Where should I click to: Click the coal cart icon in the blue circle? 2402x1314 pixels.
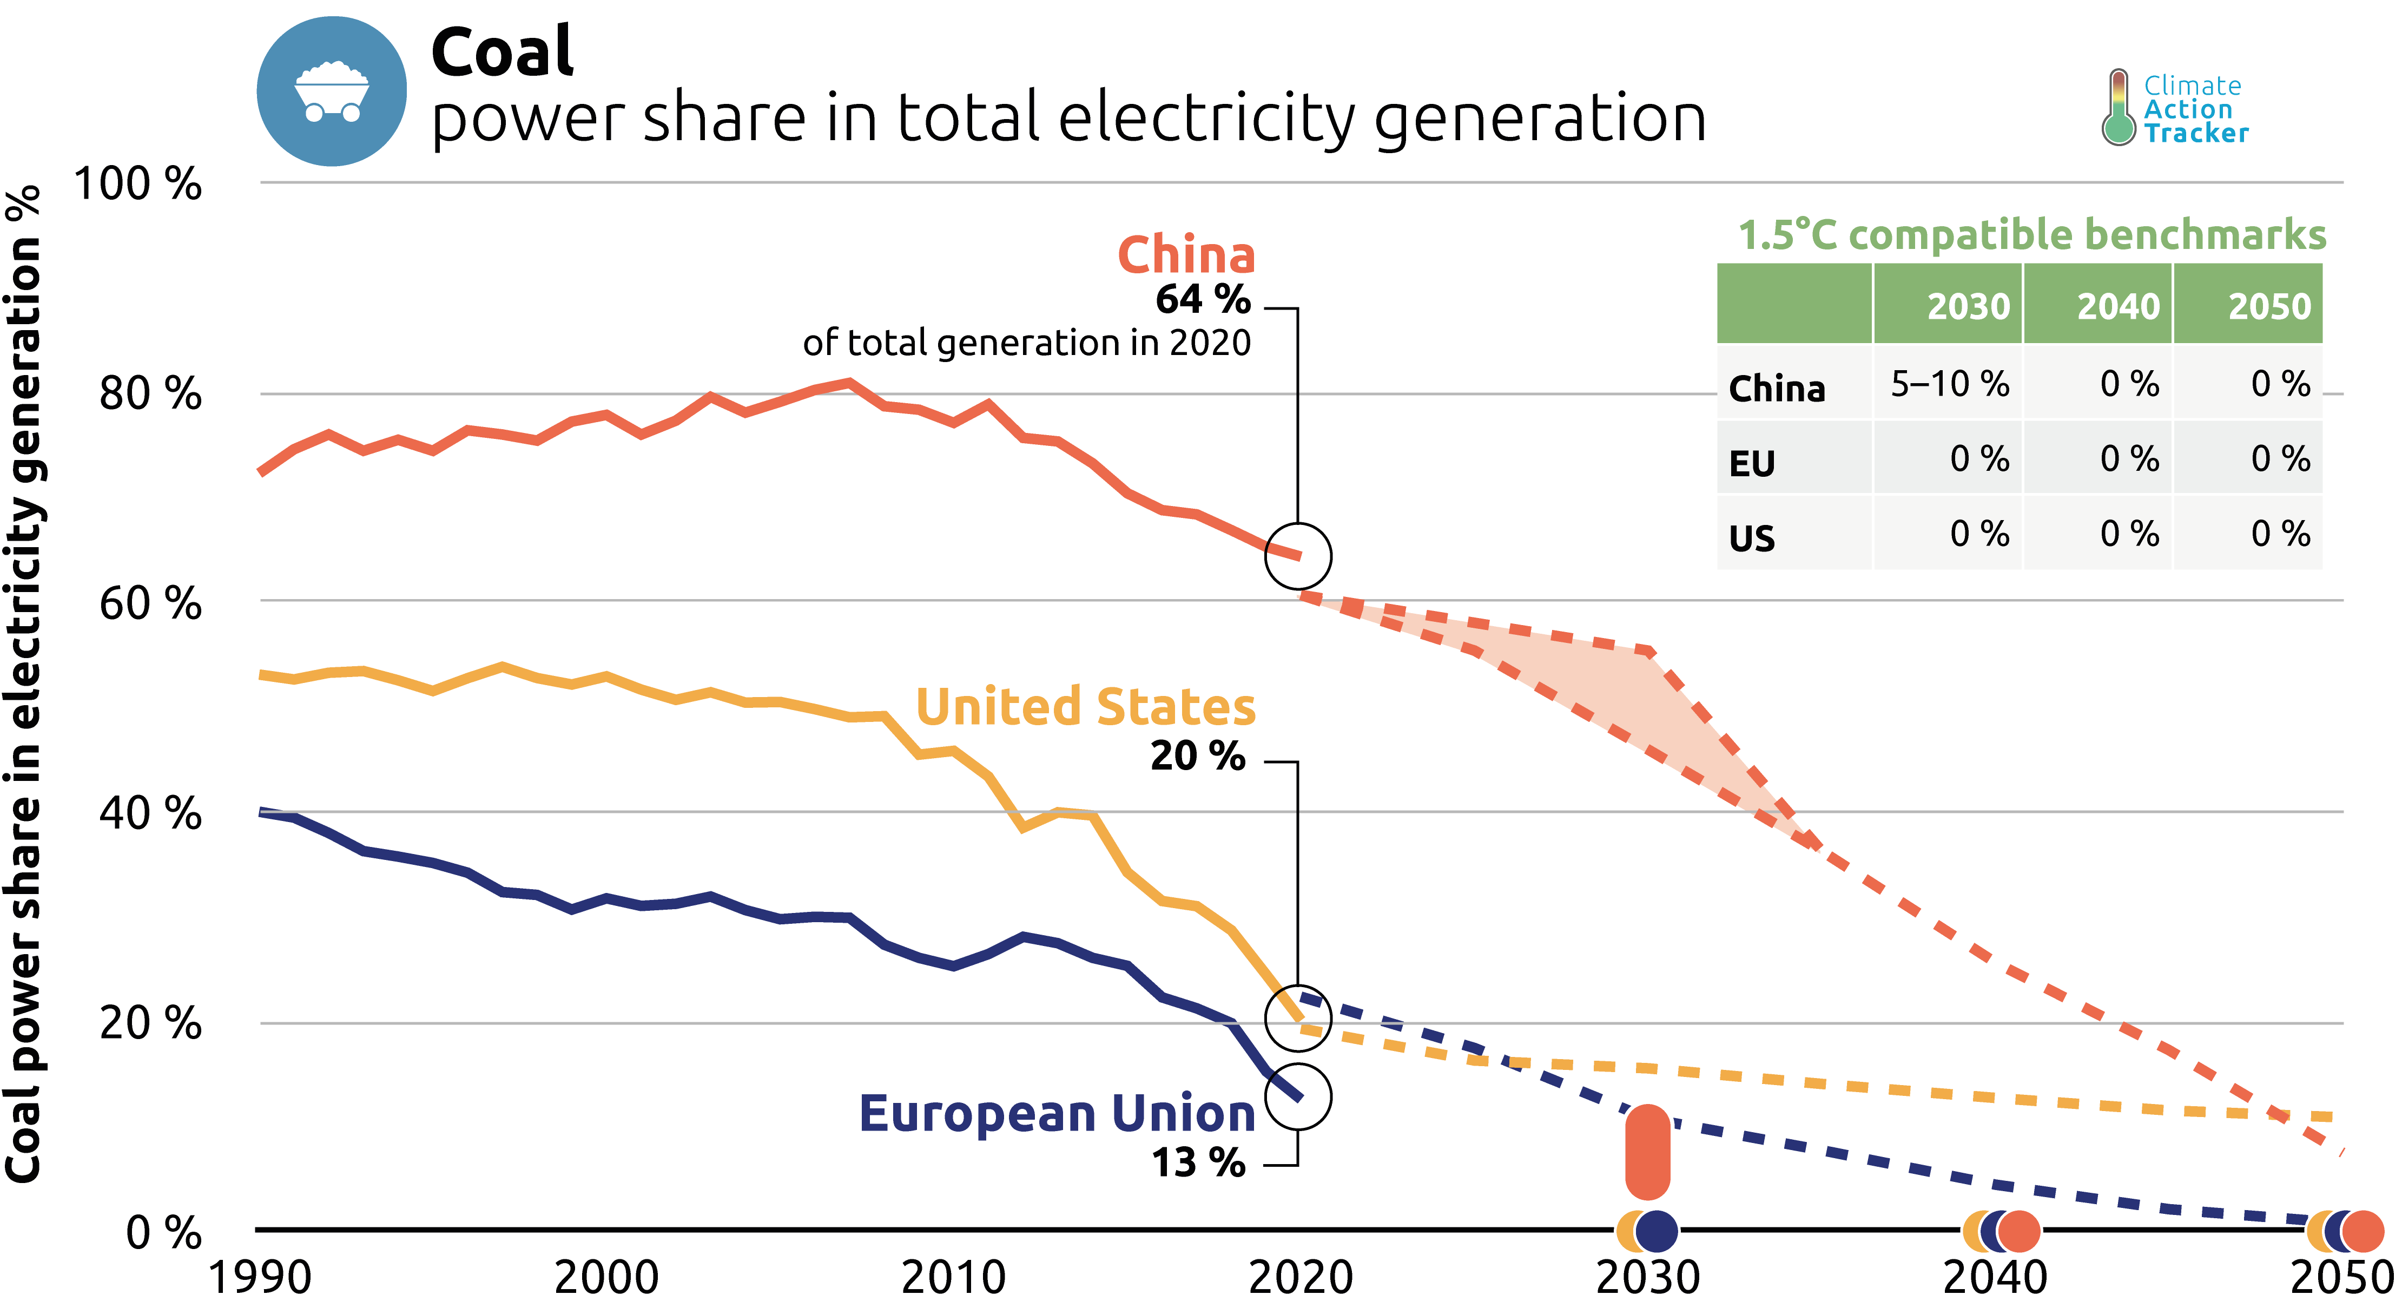point(332,91)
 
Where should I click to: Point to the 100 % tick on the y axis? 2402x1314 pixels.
point(138,183)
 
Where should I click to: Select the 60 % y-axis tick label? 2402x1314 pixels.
point(150,603)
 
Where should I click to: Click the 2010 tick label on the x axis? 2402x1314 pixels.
point(953,1277)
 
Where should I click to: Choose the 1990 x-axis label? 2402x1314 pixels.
point(260,1277)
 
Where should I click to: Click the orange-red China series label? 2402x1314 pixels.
point(1186,254)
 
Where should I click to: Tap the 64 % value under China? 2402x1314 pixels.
point(1203,299)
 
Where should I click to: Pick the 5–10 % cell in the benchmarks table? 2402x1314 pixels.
point(1949,383)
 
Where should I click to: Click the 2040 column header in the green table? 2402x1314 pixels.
point(2117,306)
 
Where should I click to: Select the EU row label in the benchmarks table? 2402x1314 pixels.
point(1752,463)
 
